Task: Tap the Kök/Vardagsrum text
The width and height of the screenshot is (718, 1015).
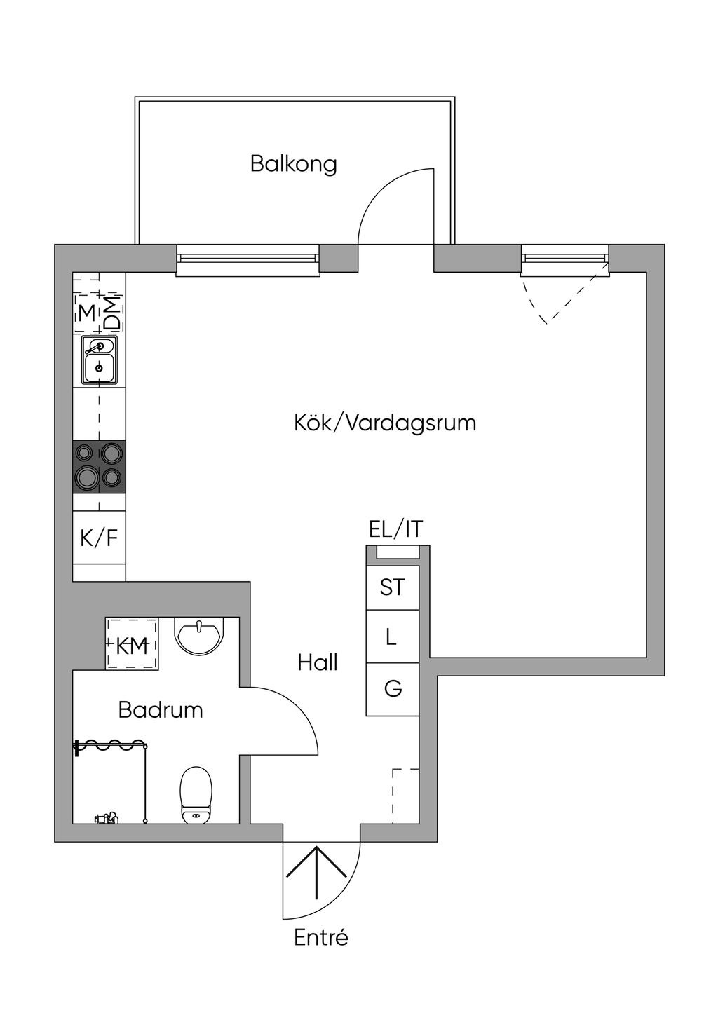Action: [x=385, y=423]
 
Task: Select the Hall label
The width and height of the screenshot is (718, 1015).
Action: [x=318, y=663]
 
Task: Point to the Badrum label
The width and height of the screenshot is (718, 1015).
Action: [x=161, y=709]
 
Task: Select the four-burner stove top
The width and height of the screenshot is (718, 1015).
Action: [x=100, y=466]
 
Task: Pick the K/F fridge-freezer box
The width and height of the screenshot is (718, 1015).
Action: [x=100, y=538]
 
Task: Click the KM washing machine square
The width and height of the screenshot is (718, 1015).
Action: [x=132, y=643]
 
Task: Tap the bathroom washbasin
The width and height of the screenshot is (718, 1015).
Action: [x=199, y=634]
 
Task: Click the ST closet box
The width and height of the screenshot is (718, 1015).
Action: [x=392, y=587]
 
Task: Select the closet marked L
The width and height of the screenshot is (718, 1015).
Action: [x=392, y=636]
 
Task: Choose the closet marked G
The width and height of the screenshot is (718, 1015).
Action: [x=392, y=690]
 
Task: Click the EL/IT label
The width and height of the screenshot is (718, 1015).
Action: [x=395, y=529]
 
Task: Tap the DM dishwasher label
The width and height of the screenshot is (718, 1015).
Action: [x=113, y=313]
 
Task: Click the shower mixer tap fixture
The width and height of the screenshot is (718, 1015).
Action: [x=107, y=818]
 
